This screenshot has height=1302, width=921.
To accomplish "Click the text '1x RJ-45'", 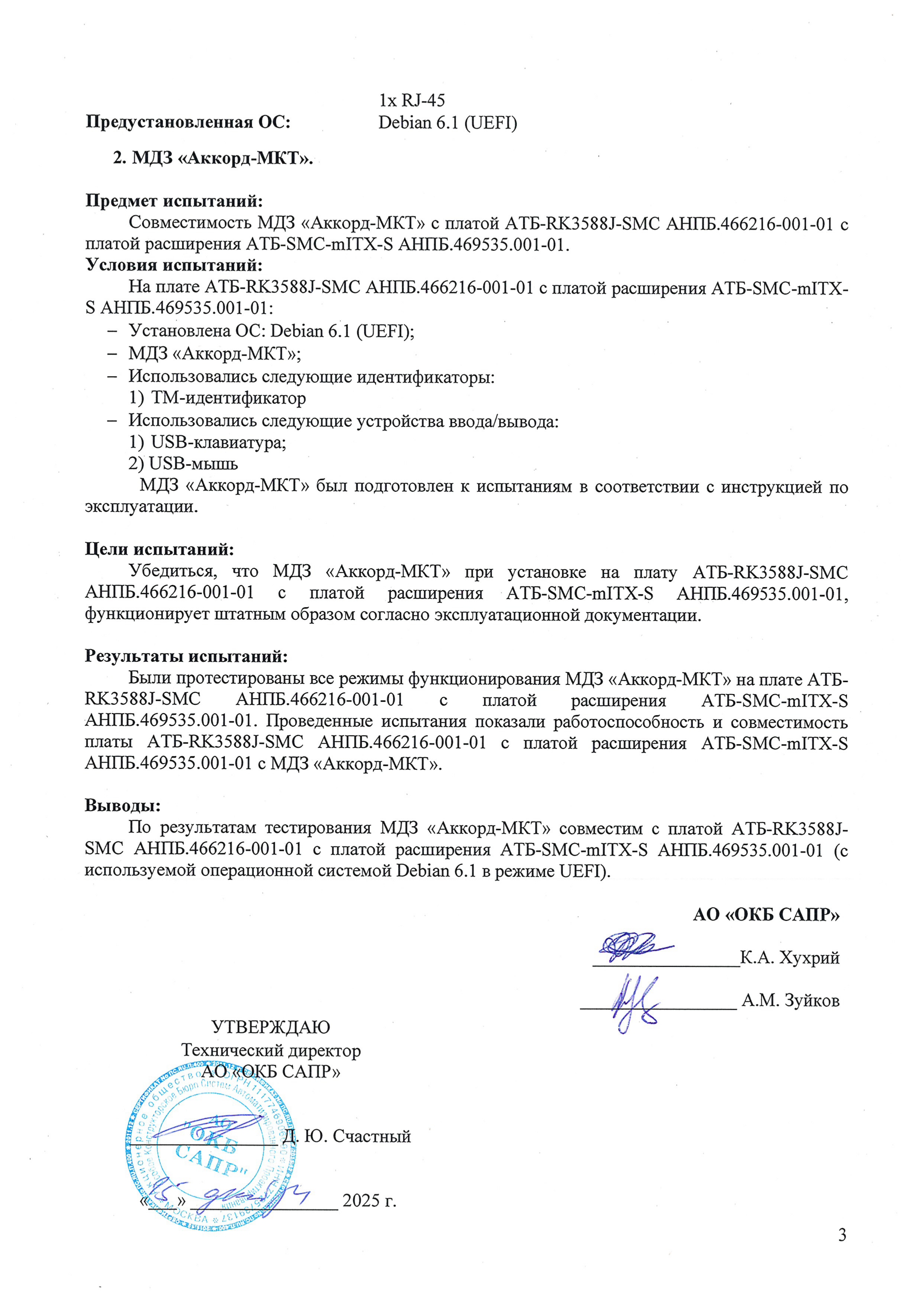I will [x=412, y=100].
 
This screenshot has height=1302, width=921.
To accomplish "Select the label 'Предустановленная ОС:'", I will [x=188, y=122].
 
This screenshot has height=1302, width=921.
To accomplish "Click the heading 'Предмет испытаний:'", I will [x=174, y=201].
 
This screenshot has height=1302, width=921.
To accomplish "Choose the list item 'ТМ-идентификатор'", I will [x=228, y=398].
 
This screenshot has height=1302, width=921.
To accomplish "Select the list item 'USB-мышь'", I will [x=193, y=464].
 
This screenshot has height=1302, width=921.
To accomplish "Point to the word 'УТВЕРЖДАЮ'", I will [x=271, y=1027].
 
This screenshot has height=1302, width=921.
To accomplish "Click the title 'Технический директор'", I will [x=271, y=1050].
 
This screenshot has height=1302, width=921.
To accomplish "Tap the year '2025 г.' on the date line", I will [x=369, y=1201].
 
